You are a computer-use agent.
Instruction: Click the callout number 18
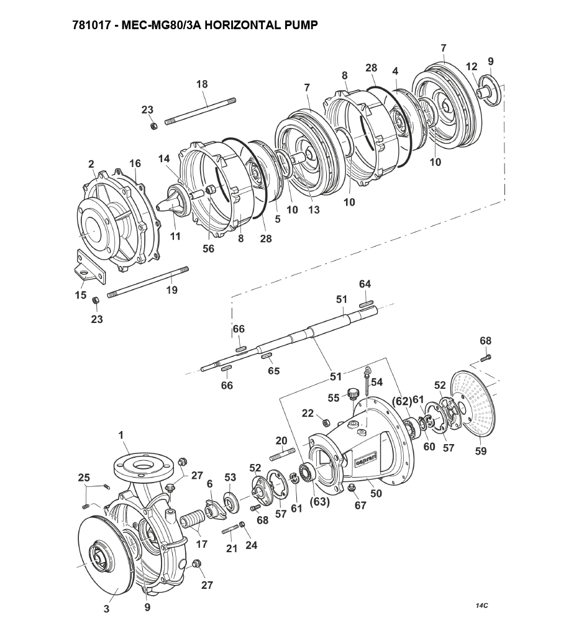point(202,84)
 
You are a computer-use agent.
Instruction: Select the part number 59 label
point(481,452)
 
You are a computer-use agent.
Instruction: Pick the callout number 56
point(208,248)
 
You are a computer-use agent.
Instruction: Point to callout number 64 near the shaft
point(365,284)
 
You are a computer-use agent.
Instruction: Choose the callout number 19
point(172,289)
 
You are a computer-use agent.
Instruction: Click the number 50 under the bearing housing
point(376,493)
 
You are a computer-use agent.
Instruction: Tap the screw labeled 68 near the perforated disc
point(486,358)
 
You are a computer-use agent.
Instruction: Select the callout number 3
point(106,609)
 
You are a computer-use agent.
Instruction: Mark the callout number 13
point(314,210)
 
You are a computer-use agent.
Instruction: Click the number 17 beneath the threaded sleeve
point(202,545)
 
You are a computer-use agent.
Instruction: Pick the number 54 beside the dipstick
point(376,382)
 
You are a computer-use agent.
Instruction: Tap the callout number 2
point(91,164)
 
